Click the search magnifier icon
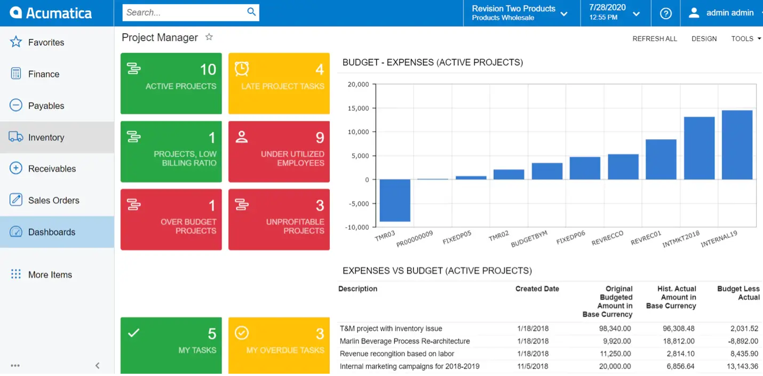click(x=251, y=12)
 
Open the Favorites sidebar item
click(x=46, y=43)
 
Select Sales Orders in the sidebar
click(x=53, y=201)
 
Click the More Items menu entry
click(x=50, y=275)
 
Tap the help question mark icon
click(x=665, y=13)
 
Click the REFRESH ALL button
click(x=654, y=39)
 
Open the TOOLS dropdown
click(x=745, y=39)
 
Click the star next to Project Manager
click(x=209, y=37)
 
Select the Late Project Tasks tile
click(x=279, y=83)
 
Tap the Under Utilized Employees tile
click(x=279, y=151)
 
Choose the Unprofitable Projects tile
click(x=279, y=219)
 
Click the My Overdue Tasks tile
click(x=279, y=346)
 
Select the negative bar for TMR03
click(x=395, y=201)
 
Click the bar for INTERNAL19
click(x=737, y=145)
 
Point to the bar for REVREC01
click(x=661, y=159)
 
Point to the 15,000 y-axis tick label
click(x=358, y=108)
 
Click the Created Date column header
click(x=537, y=289)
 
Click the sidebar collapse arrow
click(x=98, y=366)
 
